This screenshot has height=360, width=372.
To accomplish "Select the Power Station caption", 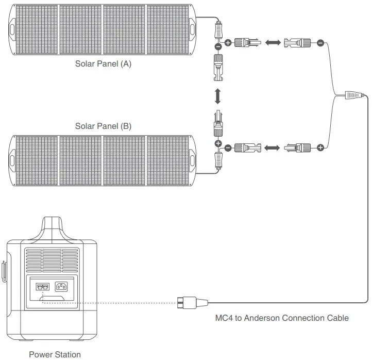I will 55,354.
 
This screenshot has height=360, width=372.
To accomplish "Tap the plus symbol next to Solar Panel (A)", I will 228,43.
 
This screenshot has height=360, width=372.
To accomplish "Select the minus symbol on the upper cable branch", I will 320,43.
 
